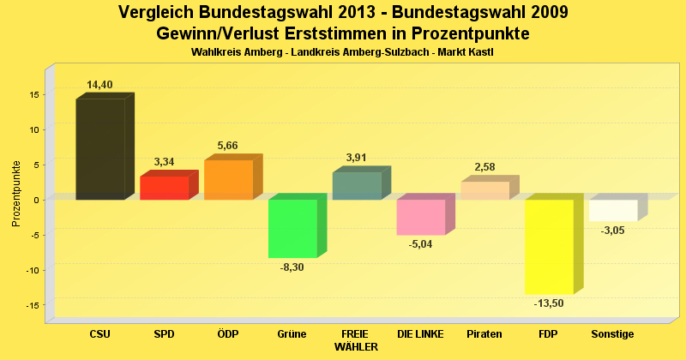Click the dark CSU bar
click(x=99, y=149)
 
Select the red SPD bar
click(x=164, y=188)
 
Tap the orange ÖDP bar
click(x=228, y=180)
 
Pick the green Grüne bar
click(x=292, y=228)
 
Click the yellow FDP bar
click(x=549, y=247)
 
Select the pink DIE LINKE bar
click(x=420, y=217)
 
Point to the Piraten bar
click(x=484, y=190)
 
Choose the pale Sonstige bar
click(x=613, y=210)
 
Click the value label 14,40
click(x=99, y=85)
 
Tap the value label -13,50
click(x=549, y=303)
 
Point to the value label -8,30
click(x=292, y=267)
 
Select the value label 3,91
click(x=356, y=158)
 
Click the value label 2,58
click(x=484, y=167)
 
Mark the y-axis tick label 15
click(x=33, y=94)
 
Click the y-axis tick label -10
click(x=31, y=270)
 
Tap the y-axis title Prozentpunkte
click(x=16, y=193)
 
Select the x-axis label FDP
click(x=549, y=333)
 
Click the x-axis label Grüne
click(x=292, y=333)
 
